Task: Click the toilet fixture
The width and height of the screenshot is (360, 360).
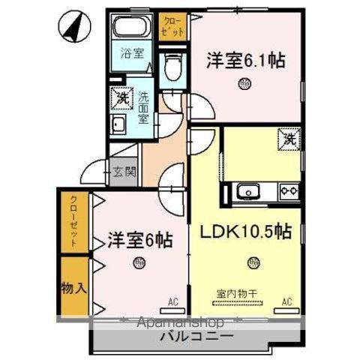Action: coord(171,66)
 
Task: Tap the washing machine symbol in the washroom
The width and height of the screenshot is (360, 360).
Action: coord(121,97)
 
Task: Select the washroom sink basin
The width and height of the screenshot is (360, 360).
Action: coord(118,125)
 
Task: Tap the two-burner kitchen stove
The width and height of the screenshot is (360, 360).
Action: coord(289,192)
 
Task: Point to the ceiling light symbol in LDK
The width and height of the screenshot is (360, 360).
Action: coord(254,262)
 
